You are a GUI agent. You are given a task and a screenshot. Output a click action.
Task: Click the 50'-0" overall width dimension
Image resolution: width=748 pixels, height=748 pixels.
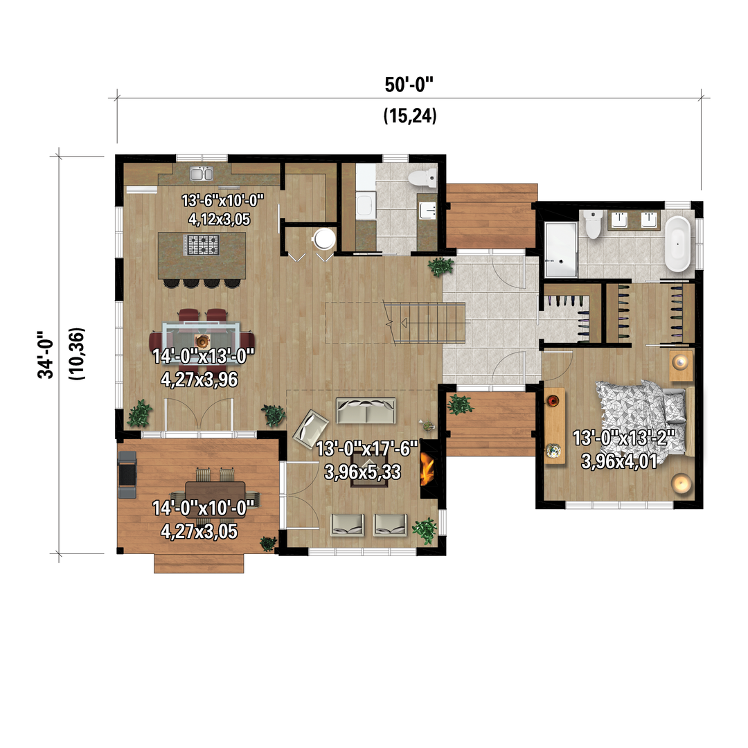click(x=409, y=85)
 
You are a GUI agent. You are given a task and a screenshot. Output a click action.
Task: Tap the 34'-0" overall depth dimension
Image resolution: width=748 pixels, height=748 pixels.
click(x=46, y=355)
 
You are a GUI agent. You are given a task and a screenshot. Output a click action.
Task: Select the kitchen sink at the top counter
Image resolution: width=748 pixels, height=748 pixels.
click(x=202, y=173)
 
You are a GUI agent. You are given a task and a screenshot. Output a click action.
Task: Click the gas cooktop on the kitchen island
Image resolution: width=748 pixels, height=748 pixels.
click(x=202, y=245)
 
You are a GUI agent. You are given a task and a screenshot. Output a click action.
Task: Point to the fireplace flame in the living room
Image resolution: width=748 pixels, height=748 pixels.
click(x=427, y=468)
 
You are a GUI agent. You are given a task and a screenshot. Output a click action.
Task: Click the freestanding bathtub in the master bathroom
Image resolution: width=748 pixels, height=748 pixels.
click(x=677, y=244)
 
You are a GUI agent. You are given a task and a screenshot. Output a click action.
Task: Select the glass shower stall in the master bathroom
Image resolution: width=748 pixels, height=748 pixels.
click(x=561, y=249)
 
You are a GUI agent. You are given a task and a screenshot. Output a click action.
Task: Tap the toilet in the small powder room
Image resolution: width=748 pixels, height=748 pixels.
click(x=422, y=178)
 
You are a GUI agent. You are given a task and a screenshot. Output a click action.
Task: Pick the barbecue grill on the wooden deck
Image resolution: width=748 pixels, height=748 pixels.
click(x=127, y=474)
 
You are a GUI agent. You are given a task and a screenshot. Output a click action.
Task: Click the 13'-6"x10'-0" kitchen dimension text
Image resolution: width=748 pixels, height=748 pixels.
click(x=222, y=200)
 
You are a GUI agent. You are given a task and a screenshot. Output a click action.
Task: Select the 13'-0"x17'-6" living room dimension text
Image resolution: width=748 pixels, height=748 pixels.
click(x=367, y=448)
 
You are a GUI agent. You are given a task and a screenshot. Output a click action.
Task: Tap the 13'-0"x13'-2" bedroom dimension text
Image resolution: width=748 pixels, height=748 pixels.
click(x=623, y=438)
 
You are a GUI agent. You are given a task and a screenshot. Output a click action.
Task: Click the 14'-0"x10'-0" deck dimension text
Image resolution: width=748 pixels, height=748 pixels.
click(x=203, y=508)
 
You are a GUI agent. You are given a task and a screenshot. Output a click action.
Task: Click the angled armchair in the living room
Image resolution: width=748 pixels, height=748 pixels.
click(x=310, y=429)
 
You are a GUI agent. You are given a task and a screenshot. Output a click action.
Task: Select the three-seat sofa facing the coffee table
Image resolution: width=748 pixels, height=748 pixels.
click(x=366, y=411)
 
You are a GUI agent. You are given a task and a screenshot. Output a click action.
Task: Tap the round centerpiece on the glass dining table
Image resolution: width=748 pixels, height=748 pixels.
click(x=203, y=341)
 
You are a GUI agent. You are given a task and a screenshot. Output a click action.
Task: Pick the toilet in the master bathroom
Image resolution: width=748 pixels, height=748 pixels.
click(x=592, y=224)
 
